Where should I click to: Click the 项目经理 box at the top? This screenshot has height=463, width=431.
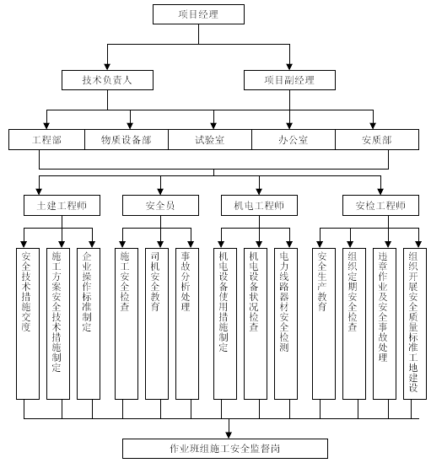198,14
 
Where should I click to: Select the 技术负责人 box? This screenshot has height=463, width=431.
107,80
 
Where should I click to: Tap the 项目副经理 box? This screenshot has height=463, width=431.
289,80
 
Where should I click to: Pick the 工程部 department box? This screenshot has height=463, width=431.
46,139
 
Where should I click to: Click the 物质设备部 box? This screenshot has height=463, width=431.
127,139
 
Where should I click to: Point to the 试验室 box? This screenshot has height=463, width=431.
210,139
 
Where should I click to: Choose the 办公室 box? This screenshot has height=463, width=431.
294,139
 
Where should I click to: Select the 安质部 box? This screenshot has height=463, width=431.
377,139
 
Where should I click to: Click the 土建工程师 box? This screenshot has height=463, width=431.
62,205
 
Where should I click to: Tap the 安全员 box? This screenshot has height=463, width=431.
161,205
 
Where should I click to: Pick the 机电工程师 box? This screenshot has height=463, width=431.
260,205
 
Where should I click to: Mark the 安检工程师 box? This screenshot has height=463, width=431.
380,205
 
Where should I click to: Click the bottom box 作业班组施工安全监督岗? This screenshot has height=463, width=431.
225,449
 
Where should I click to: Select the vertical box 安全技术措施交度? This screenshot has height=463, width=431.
28,324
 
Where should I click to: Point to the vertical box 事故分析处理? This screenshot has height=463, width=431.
187,324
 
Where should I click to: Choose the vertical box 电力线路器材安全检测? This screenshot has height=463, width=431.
286,324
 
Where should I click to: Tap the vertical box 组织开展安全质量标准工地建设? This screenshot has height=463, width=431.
415,324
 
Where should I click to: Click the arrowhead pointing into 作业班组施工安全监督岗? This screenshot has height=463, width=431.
229,435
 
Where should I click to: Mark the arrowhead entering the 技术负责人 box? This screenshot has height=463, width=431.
107,67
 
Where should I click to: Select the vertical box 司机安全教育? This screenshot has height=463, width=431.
157,324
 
